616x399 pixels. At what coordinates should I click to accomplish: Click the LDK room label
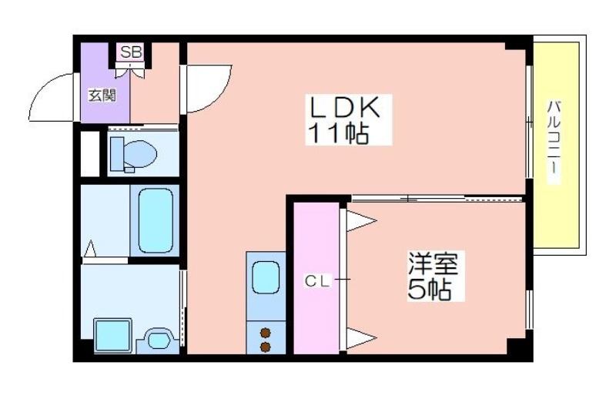[x=345, y=107]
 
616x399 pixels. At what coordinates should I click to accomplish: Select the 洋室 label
[x=433, y=263]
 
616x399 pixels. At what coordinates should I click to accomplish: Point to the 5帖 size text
[x=429, y=290]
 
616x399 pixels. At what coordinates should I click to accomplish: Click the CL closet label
[x=317, y=280]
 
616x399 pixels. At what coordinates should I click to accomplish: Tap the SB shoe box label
[x=131, y=52]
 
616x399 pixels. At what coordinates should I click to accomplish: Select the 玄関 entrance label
[x=102, y=96]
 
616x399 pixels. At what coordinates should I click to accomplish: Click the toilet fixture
[x=133, y=154]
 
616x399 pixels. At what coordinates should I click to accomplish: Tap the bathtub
[x=156, y=220]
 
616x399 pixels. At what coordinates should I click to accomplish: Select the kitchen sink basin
[x=266, y=277]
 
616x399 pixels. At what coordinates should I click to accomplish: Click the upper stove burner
[x=266, y=333]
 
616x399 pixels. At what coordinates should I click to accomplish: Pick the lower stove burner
[x=266, y=347]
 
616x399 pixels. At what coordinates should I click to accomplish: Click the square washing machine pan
[x=113, y=335]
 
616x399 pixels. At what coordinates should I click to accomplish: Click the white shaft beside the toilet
[x=90, y=154]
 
